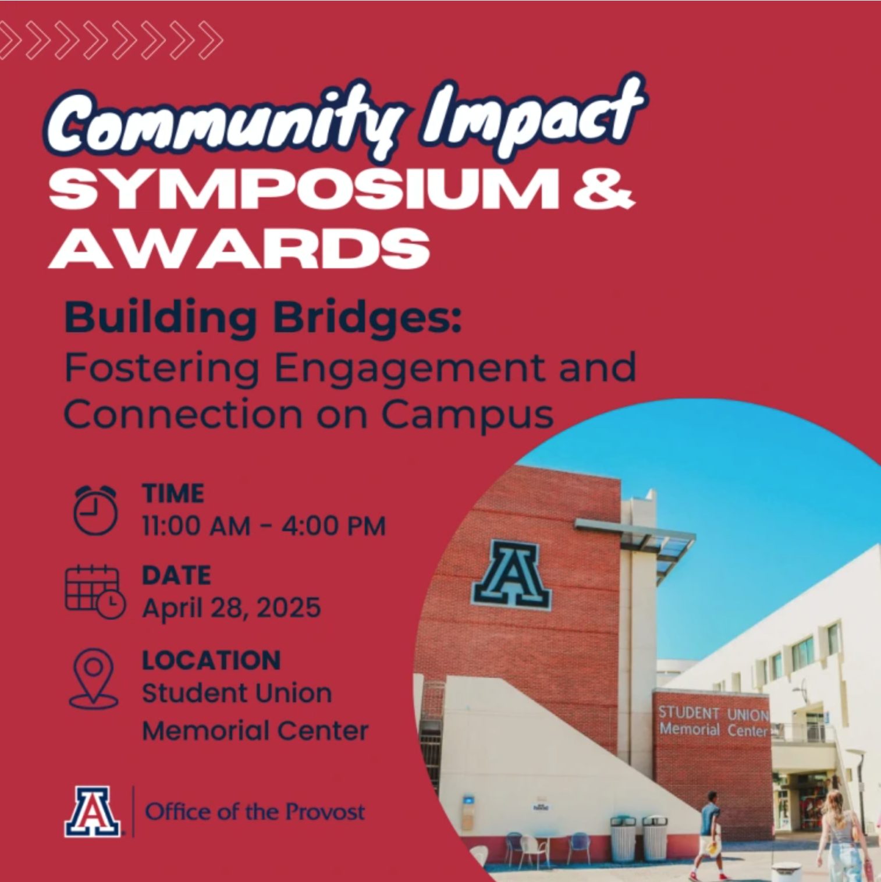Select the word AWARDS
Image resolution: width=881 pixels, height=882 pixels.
[x=239, y=248]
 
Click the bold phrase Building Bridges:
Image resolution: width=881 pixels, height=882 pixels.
[x=263, y=318]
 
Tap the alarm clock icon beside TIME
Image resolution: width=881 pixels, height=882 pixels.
[x=95, y=510]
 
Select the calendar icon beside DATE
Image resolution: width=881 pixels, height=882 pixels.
[x=95, y=592]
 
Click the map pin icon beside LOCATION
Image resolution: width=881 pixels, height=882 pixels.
[x=94, y=678]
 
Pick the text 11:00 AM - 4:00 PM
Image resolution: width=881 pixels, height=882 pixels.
[x=264, y=526]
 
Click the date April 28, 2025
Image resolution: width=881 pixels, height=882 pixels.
[x=232, y=608]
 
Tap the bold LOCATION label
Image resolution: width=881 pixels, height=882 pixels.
[x=212, y=660]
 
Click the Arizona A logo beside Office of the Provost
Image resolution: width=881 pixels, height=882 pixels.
[x=93, y=812]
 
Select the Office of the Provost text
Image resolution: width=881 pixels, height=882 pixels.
[x=255, y=811]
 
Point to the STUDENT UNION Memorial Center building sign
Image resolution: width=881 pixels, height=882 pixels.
[x=714, y=721]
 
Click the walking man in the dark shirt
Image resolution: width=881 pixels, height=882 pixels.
[x=709, y=835]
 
